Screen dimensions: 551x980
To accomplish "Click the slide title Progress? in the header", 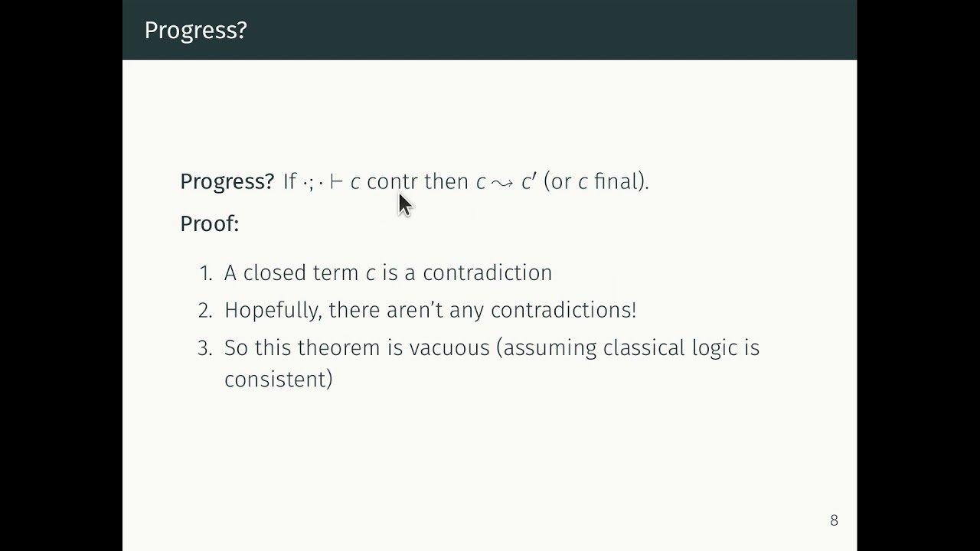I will pos(195,30).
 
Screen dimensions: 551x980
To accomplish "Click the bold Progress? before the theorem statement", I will pos(227,181).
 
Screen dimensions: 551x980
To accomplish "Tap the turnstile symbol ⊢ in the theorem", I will pos(336,182).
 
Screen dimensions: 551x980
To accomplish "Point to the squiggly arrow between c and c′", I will pos(502,183).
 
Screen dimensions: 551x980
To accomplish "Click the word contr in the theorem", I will pos(392,181).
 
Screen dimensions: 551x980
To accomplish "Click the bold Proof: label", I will pos(209,223).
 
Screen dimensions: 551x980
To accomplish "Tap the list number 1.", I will pos(204,273).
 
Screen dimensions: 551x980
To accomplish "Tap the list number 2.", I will pos(204,310).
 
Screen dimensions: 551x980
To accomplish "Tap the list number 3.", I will pos(204,348).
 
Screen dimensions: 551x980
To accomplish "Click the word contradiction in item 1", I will pos(487,273).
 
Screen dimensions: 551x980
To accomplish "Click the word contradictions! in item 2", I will pos(563,310).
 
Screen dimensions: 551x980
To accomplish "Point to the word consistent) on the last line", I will pos(278,380).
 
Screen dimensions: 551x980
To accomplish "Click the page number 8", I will pos(834,520).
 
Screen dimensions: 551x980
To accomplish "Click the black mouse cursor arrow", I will pos(404,204).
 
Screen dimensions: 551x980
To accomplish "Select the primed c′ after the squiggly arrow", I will pos(528,181).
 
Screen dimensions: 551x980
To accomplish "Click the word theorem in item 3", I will pos(339,348).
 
